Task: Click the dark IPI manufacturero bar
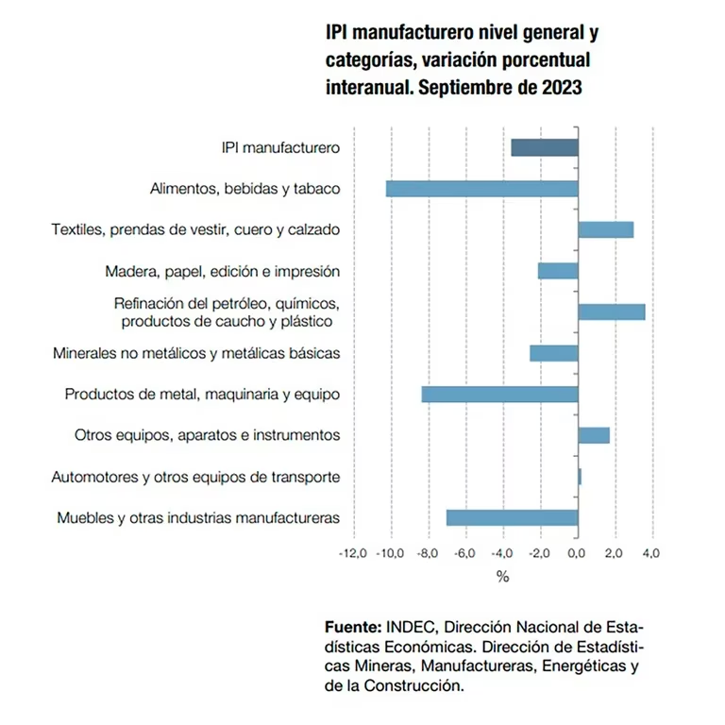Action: tap(544, 147)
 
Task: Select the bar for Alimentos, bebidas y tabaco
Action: tap(481, 189)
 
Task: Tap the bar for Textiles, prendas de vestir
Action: tap(605, 229)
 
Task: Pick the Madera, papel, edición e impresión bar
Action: tap(558, 271)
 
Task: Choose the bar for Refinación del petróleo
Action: tap(611, 312)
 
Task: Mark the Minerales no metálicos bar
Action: tap(553, 353)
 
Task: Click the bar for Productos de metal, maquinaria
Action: tap(499, 394)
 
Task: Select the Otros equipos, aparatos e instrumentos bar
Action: tap(593, 435)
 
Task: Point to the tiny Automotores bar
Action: tap(579, 477)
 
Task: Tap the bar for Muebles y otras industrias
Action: tap(512, 517)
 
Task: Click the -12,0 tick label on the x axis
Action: tap(352, 553)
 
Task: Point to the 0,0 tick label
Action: tap(576, 553)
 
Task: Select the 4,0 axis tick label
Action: tap(650, 553)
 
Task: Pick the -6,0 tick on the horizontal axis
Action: tap(464, 553)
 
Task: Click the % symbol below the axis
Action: tap(502, 576)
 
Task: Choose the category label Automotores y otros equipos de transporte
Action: tap(195, 477)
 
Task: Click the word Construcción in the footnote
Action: tap(422, 686)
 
